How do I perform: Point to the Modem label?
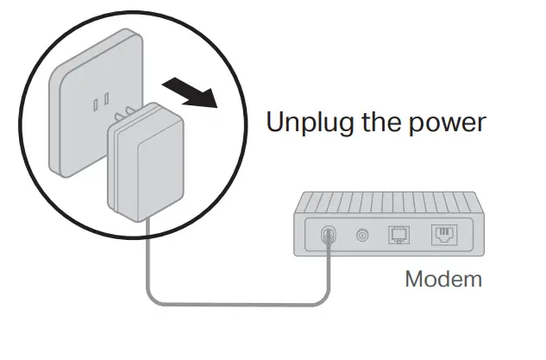(x=443, y=280)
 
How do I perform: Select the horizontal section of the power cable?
(x=242, y=303)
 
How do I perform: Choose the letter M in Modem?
(x=414, y=280)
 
